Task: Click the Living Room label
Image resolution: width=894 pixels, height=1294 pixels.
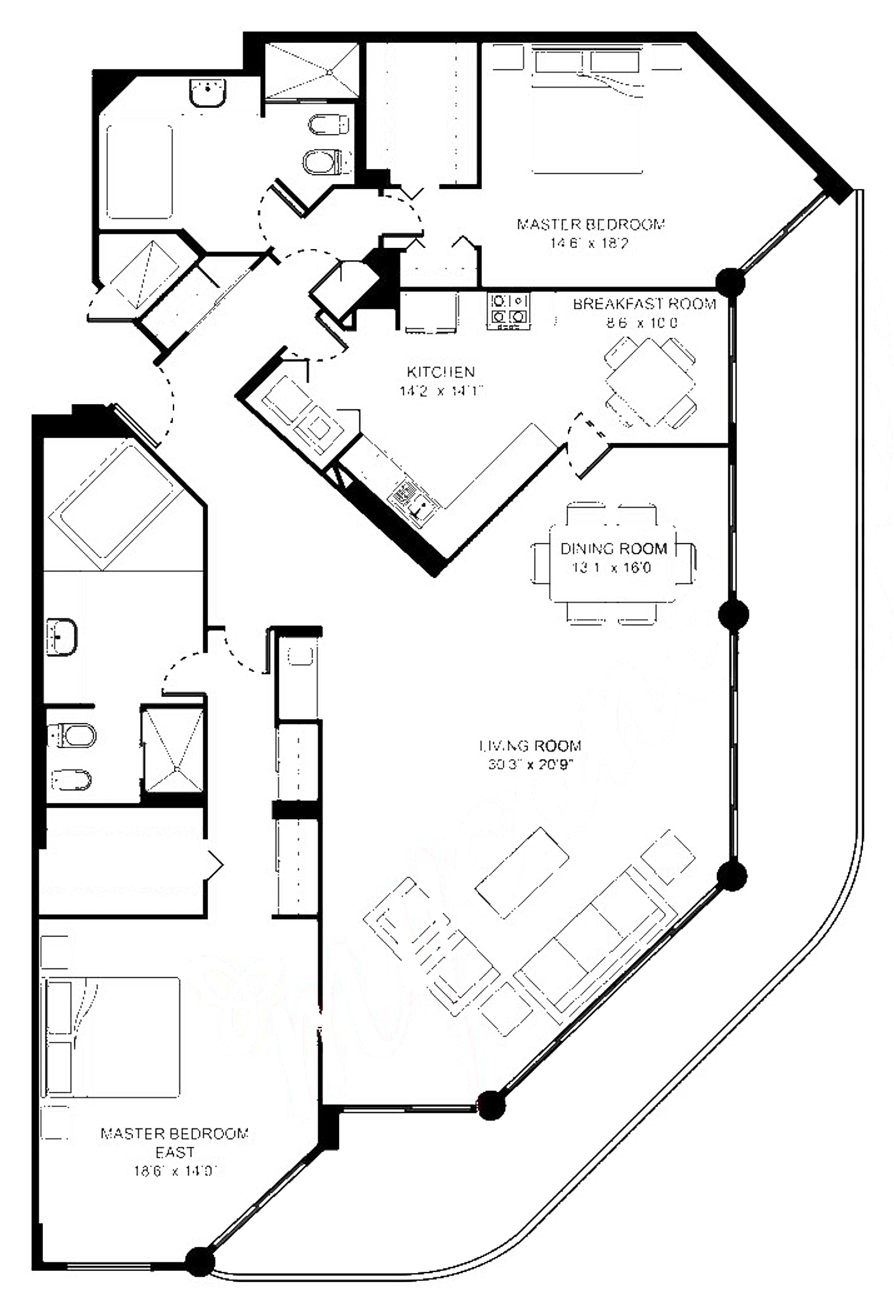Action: (x=530, y=746)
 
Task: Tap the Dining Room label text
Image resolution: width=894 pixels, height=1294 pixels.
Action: (x=613, y=548)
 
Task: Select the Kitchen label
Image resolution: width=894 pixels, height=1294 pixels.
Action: (x=440, y=372)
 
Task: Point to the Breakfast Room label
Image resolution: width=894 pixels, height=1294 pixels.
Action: (x=644, y=304)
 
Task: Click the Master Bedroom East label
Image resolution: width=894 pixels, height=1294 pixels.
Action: (x=175, y=1143)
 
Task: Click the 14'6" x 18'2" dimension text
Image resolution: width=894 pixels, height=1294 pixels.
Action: (x=590, y=243)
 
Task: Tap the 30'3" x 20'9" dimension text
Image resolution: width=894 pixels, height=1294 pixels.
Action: (x=530, y=765)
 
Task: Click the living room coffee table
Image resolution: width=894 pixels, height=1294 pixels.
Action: (x=522, y=873)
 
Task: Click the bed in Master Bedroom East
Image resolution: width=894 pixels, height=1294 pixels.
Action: (x=110, y=1037)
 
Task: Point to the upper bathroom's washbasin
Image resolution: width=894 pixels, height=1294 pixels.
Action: (x=208, y=92)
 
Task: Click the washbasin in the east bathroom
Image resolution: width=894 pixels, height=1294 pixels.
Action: (x=61, y=637)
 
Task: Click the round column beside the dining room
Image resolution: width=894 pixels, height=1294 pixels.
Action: (x=733, y=615)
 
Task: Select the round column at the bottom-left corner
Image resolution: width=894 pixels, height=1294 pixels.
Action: (x=200, y=1261)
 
